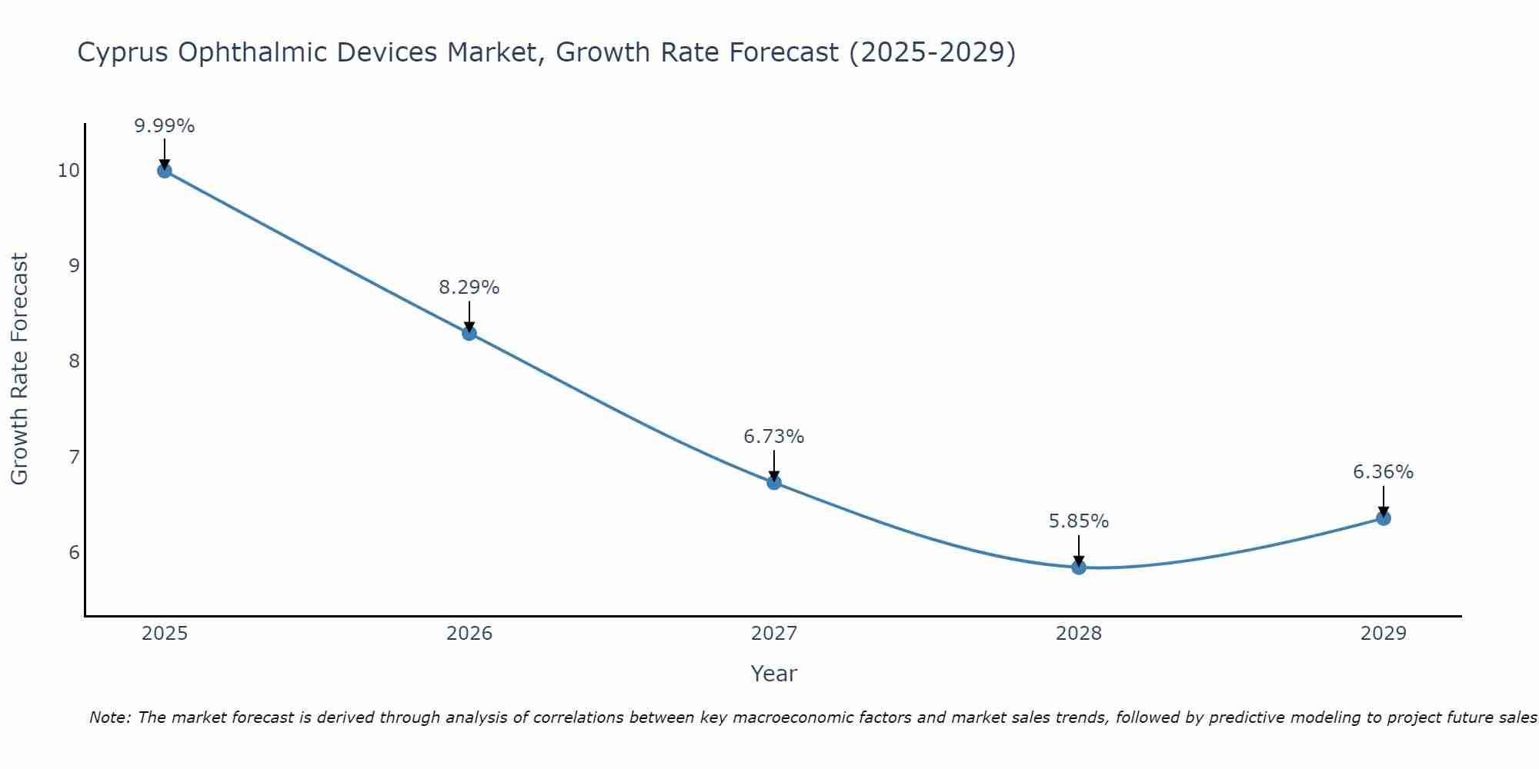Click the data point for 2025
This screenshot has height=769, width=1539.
pyautogui.click(x=164, y=171)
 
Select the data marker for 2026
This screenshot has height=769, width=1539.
pyautogui.click(x=469, y=333)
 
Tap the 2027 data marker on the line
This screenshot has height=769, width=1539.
pyautogui.click(x=774, y=482)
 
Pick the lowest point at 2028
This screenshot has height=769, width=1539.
pyautogui.click(x=1079, y=567)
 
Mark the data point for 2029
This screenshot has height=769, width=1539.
pyautogui.click(x=1384, y=518)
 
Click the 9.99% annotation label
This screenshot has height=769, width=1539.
pyautogui.click(x=164, y=126)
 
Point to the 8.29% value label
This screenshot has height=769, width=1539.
pyautogui.click(x=469, y=288)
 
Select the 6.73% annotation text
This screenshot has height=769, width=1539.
pyautogui.click(x=774, y=437)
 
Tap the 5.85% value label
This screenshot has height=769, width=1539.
pyautogui.click(x=1079, y=521)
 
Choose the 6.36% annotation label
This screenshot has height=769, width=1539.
pyautogui.click(x=1384, y=472)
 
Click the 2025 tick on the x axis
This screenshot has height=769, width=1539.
pyautogui.click(x=165, y=634)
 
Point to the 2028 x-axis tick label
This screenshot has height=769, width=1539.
pyautogui.click(x=1079, y=634)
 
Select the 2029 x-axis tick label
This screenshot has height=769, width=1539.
pyautogui.click(x=1384, y=634)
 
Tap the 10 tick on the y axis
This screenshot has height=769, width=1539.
pyautogui.click(x=68, y=171)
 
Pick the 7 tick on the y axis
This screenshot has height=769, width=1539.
pyautogui.click(x=74, y=458)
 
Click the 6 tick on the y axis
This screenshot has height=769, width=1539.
pyautogui.click(x=74, y=553)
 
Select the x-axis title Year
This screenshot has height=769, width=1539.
pyautogui.click(x=774, y=674)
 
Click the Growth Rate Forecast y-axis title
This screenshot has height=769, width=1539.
pyautogui.click(x=20, y=369)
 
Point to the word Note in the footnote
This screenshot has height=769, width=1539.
pyautogui.click(x=108, y=718)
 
